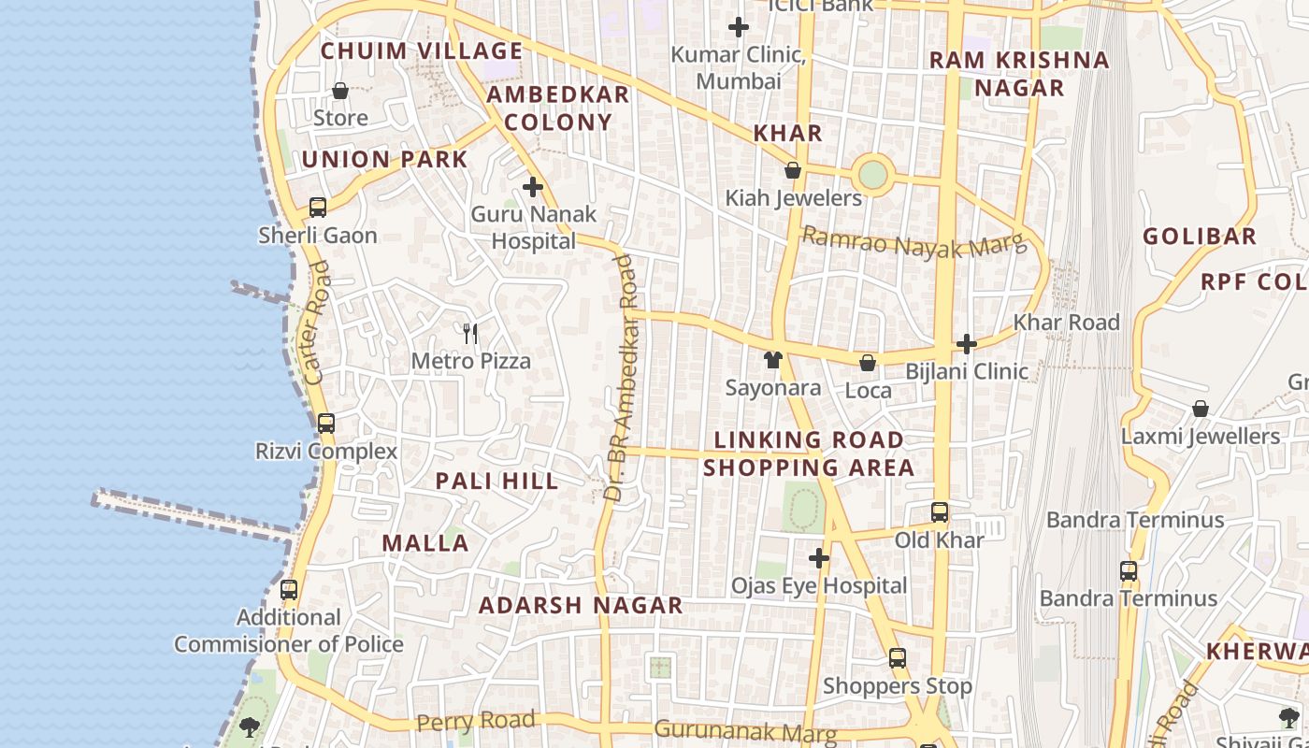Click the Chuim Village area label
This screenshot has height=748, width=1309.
[x=421, y=50]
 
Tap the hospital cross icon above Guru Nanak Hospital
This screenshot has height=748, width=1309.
[x=533, y=187]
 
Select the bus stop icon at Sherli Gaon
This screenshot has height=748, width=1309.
[x=318, y=208]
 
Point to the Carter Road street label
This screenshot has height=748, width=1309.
[x=317, y=323]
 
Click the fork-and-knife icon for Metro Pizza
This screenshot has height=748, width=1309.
[x=470, y=333]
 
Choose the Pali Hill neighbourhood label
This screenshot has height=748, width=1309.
[x=496, y=482]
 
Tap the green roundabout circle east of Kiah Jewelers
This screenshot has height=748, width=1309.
[x=872, y=174]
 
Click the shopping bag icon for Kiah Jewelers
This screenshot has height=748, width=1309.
[x=793, y=171]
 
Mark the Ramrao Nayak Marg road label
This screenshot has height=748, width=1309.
[x=913, y=241]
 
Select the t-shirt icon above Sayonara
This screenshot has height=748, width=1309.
[x=772, y=360]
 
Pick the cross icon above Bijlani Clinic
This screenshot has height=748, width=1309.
[x=967, y=344]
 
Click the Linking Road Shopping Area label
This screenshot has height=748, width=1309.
[x=809, y=453]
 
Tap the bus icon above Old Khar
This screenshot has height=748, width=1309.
[x=940, y=512]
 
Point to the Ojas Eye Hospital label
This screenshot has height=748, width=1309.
[x=818, y=586]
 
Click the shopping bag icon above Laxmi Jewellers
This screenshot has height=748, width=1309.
[x=1201, y=409]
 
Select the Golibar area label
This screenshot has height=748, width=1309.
[x=1199, y=236]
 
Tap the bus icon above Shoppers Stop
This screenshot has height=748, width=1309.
[x=898, y=658]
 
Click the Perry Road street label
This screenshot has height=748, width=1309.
[x=476, y=721]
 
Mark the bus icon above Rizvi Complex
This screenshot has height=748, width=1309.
[x=326, y=423]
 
